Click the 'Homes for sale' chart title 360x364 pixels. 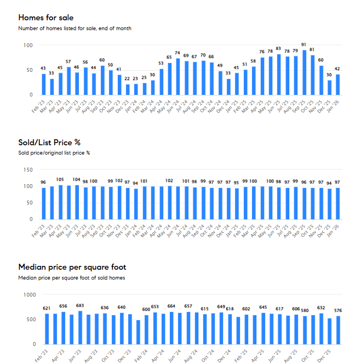point(46,18)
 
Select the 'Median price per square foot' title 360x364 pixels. point(72,267)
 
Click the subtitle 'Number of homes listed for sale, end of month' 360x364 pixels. point(75,28)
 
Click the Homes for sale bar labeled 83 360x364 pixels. point(278,75)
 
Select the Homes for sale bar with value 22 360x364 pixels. point(128,89)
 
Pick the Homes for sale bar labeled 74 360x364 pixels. point(178,77)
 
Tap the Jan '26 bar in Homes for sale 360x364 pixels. point(338,84)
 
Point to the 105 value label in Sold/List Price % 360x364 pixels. point(60,179)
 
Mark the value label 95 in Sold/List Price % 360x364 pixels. point(237,182)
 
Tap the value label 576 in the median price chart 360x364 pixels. point(338,310)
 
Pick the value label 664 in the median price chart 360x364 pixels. point(172,306)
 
